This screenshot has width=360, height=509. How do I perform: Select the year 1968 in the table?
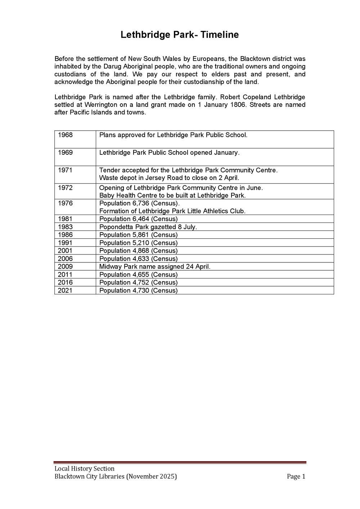click(x=65, y=135)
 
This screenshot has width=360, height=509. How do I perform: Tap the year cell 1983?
click(x=65, y=227)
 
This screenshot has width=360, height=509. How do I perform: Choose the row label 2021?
click(x=65, y=290)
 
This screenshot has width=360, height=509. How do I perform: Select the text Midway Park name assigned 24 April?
click(x=155, y=267)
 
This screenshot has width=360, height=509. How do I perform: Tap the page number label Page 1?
click(x=296, y=477)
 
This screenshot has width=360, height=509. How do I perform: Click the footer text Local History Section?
click(x=84, y=469)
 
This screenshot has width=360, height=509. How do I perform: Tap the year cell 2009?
click(x=65, y=267)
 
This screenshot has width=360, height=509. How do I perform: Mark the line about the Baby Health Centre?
click(x=172, y=195)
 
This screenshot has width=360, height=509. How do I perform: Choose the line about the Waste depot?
click(x=169, y=178)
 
